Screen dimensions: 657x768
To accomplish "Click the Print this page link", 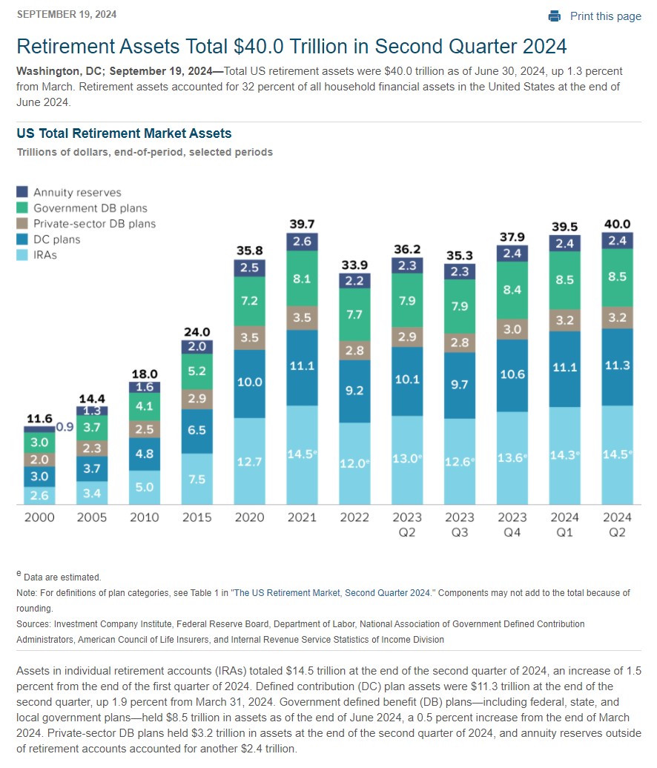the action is click(x=605, y=16).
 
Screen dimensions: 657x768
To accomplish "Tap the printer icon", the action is click(x=555, y=16).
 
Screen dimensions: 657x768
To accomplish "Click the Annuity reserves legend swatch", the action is click(x=22, y=191).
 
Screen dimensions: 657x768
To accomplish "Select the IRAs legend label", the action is click(x=45, y=255).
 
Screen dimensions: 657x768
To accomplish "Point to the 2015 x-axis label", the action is click(x=197, y=517).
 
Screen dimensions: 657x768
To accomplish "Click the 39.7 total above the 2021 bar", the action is click(x=302, y=224).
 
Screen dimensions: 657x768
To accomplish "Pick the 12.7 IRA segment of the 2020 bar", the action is click(x=249, y=461).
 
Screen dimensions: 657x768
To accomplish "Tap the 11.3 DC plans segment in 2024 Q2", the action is click(x=617, y=367).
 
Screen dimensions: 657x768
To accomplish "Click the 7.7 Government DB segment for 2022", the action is click(x=354, y=314).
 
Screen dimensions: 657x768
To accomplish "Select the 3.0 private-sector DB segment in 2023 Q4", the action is click(x=512, y=329).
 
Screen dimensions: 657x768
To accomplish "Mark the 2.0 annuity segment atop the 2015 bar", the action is click(x=197, y=347).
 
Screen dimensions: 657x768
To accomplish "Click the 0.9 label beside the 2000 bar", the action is click(x=65, y=426).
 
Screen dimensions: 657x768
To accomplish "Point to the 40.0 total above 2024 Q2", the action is click(x=617, y=224).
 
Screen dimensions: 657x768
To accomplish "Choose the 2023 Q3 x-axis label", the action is click(x=460, y=525).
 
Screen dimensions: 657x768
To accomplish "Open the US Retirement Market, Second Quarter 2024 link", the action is click(x=332, y=592).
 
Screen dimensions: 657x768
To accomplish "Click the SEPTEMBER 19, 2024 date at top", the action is click(x=67, y=14).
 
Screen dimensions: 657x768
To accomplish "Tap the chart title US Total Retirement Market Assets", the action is click(x=124, y=133).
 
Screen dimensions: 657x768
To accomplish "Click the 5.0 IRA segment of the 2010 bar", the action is click(x=145, y=487).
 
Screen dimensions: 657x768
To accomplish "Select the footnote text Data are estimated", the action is click(x=62, y=577).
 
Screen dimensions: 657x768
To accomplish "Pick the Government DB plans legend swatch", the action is click(x=22, y=207).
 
